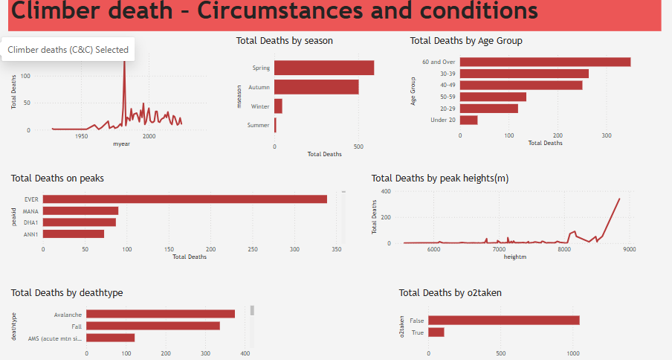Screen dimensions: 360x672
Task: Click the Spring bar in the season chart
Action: [x=324, y=68]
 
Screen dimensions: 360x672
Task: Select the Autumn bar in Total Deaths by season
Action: [x=317, y=87]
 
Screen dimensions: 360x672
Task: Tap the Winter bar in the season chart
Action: [x=279, y=106]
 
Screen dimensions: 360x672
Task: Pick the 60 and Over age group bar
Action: [x=545, y=62]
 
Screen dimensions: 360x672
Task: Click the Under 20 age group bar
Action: [x=469, y=120]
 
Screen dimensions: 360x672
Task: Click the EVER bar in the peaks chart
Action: [x=185, y=199]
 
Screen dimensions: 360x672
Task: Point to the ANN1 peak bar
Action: [x=74, y=234]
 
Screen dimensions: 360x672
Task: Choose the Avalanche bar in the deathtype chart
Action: [x=161, y=314]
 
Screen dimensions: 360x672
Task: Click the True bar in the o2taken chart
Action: [x=436, y=332]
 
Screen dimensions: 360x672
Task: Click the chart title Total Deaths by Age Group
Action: [x=466, y=41]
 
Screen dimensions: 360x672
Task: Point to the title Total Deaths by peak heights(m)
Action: [x=439, y=179]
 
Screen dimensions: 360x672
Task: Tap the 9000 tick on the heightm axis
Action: [x=630, y=249]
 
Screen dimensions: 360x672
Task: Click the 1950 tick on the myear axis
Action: [x=82, y=137]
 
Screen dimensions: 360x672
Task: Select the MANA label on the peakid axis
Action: [x=30, y=211]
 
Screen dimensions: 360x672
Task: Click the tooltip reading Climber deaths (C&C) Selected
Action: [x=68, y=50]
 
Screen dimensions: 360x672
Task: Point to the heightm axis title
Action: [x=515, y=257]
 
